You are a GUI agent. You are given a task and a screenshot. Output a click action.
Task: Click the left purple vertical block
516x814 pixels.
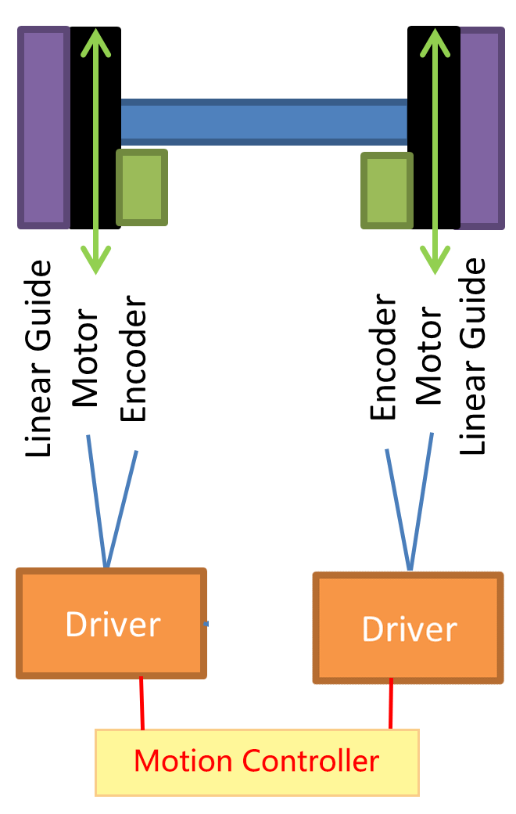coord(43,128)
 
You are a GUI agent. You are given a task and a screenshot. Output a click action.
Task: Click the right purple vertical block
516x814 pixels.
coord(482,128)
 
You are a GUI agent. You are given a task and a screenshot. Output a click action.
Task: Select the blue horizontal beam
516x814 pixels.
coord(264,122)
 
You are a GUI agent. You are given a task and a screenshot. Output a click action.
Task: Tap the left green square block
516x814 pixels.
coord(142,188)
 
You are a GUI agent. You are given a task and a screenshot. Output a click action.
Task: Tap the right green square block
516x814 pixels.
coord(386,190)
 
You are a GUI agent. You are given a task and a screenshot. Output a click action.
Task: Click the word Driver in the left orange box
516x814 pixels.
coord(113,625)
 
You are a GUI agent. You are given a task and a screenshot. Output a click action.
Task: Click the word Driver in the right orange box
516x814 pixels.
coord(409,629)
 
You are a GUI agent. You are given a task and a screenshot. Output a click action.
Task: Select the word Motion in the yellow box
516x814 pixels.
coord(183,761)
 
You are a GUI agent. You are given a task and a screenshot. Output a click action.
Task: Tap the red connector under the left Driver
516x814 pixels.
coord(142,703)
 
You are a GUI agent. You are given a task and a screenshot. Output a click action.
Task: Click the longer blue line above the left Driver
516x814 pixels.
coord(97,501)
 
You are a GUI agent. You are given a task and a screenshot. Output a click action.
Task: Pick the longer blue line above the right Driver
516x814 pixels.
coord(421,501)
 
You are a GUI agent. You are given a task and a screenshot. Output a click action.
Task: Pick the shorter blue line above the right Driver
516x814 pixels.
coord(397,507)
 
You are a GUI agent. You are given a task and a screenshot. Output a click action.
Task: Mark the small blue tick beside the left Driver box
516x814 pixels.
coord(206,624)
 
